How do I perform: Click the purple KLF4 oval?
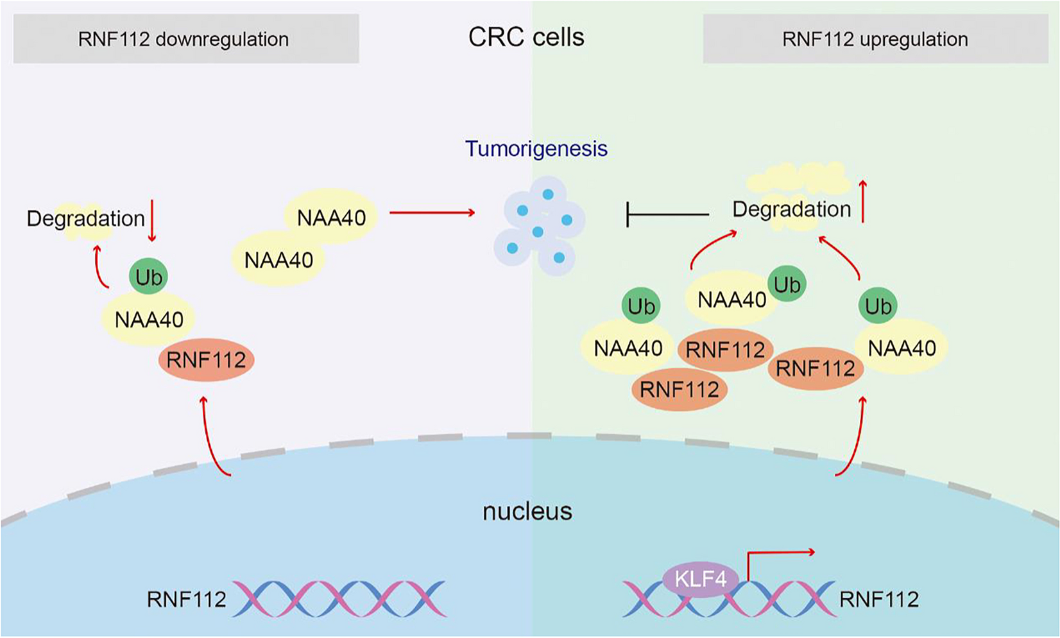[x=700, y=579]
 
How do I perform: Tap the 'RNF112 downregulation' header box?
[x=185, y=39]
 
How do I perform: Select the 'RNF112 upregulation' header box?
[x=875, y=39]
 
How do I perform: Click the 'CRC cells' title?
[x=526, y=37]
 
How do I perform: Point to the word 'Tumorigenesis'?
[x=536, y=149]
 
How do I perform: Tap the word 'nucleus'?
[x=527, y=512]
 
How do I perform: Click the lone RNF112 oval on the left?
[x=206, y=360]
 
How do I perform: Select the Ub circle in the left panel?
[x=148, y=277]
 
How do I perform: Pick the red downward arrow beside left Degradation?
[x=152, y=220]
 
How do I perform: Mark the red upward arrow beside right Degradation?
[x=863, y=202]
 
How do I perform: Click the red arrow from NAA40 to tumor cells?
[x=432, y=212]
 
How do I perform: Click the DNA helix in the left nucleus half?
[x=339, y=599]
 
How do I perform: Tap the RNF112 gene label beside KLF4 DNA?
[x=879, y=599]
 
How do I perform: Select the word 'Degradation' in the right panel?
[x=791, y=209]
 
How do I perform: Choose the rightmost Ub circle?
[x=878, y=306]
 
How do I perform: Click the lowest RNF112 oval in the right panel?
[x=679, y=389]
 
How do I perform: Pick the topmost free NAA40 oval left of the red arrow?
[x=331, y=218]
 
